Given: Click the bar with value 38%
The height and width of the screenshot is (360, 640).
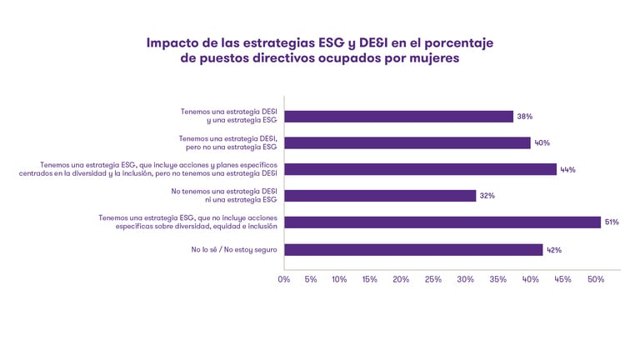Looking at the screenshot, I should pos(398,117).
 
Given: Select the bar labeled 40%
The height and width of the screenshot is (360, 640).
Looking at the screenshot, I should pos(407,142).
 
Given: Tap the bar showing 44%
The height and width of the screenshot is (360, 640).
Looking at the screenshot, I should pos(420,169).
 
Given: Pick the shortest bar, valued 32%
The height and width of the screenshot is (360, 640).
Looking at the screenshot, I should pos(380,196).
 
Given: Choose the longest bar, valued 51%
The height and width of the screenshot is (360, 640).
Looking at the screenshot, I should pos(442,222).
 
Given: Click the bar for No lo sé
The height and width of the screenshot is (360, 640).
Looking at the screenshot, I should pos(413,249).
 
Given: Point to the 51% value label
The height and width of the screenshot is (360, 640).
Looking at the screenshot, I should pos(611,222).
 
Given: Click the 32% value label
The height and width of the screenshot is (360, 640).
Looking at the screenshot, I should pos(487,196).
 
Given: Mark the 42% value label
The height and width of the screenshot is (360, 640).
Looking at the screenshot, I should pos(553,249).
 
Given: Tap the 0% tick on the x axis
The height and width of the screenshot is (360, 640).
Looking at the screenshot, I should pos(284,279).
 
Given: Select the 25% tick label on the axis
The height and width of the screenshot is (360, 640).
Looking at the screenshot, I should pos(433,279).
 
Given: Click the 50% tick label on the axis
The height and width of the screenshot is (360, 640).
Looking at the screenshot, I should pos(595,279).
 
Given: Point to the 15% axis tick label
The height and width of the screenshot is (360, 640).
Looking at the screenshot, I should pos(370,279).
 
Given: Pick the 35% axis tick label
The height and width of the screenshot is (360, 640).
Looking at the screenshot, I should pos(497,279).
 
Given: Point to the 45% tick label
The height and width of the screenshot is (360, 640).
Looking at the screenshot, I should pos(562,279).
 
